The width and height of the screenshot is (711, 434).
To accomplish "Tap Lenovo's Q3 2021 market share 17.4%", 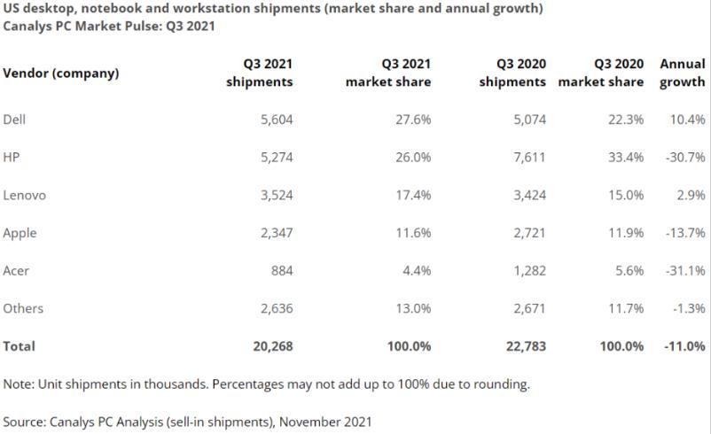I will tap(413, 195).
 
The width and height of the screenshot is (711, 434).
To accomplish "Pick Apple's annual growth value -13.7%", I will tap(683, 233).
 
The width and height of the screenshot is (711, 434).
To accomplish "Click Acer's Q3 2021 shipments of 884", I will tap(281, 271).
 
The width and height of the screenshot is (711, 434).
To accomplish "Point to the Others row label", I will tap(23, 308).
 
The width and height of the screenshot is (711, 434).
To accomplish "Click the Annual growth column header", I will tap(683, 73).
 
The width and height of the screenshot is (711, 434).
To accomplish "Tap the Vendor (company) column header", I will tap(60, 73).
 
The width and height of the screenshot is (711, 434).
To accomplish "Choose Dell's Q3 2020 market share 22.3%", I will tap(626, 120).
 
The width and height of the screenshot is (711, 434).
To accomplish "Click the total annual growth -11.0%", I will tap(683, 346).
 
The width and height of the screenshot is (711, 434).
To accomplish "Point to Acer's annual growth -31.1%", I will tap(683, 271).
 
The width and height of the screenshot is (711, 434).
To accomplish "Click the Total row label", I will tap(20, 346).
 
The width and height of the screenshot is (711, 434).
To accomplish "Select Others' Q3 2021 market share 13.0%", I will tap(413, 308).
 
